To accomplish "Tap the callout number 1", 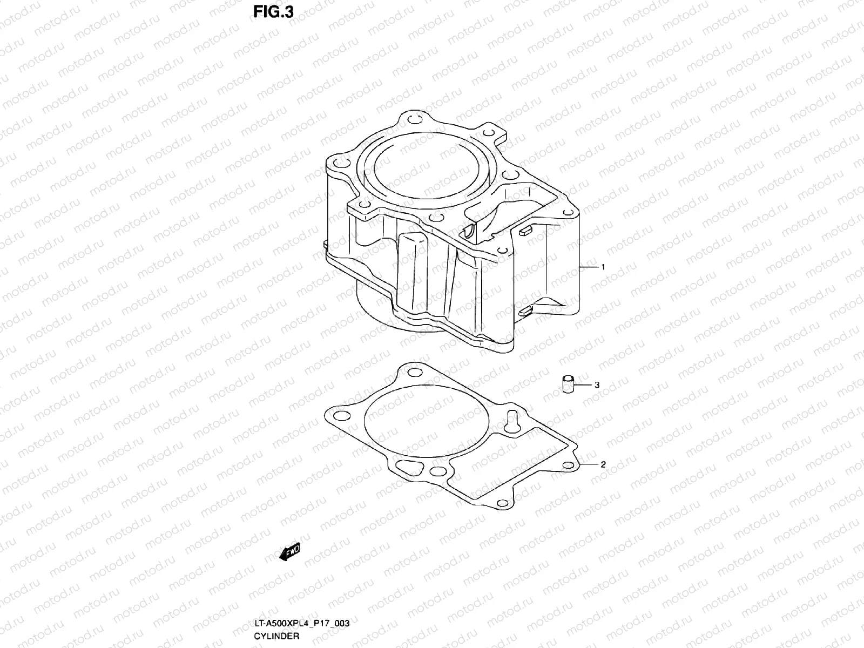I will [x=603, y=267].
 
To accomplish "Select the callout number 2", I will [x=603, y=464].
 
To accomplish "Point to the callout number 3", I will [x=597, y=385].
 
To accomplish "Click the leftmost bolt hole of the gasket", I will [x=340, y=415].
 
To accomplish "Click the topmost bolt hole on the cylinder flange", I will [x=413, y=120].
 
